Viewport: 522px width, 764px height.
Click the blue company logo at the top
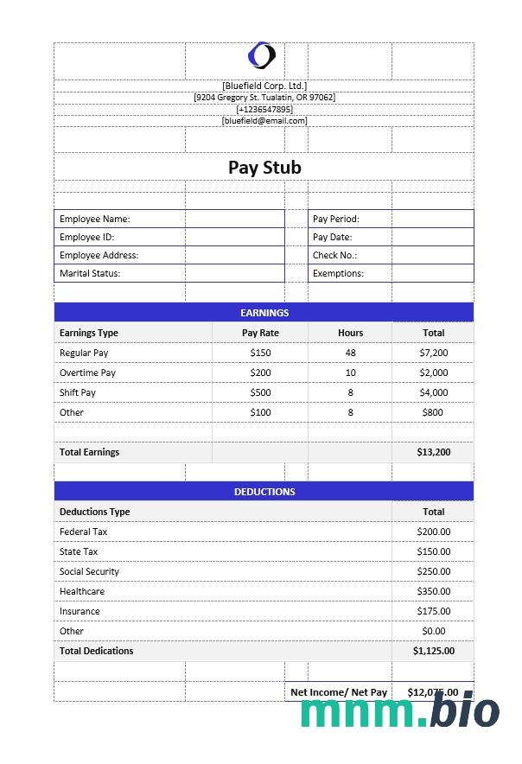pyautogui.click(x=261, y=56)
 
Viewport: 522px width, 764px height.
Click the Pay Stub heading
pyautogui.click(x=264, y=168)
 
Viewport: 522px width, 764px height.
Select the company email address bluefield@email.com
pyautogui.click(x=264, y=121)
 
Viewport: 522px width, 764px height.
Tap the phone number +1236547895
pyautogui.click(x=264, y=109)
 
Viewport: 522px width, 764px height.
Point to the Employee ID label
pyautogui.click(x=86, y=237)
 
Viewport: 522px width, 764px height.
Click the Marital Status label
pyautogui.click(x=89, y=273)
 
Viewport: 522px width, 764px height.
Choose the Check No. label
pyautogui.click(x=334, y=255)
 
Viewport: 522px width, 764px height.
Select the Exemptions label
pyautogui.click(x=338, y=273)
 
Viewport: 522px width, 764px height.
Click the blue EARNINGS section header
pyautogui.click(x=264, y=313)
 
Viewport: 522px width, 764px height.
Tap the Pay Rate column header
pyautogui.click(x=260, y=333)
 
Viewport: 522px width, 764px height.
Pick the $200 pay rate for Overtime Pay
pyautogui.click(x=260, y=372)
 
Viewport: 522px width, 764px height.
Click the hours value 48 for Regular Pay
pyautogui.click(x=350, y=353)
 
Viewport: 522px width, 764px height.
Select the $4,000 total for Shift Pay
pyautogui.click(x=433, y=392)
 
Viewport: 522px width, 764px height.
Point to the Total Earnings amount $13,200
pyautogui.click(x=433, y=452)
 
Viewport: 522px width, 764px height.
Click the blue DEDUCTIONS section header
pyautogui.click(x=264, y=492)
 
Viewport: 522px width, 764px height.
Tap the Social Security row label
pyautogui.click(x=89, y=571)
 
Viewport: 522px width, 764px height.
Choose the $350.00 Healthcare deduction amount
pyautogui.click(x=433, y=591)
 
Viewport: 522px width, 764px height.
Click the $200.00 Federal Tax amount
pyautogui.click(x=433, y=532)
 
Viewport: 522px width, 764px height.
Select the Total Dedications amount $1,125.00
pyautogui.click(x=433, y=651)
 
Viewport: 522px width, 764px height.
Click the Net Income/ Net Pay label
pyautogui.click(x=339, y=692)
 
